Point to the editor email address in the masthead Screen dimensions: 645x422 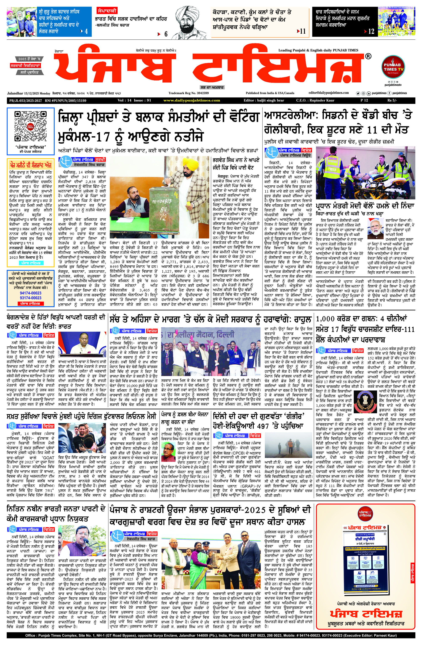click(x=329, y=93)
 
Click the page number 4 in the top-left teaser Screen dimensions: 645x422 click(x=86, y=31)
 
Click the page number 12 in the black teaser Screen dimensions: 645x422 click(x=371, y=31)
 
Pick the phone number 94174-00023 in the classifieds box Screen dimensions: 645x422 click(x=31, y=293)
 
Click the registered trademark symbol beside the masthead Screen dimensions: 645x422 click(x=368, y=56)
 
